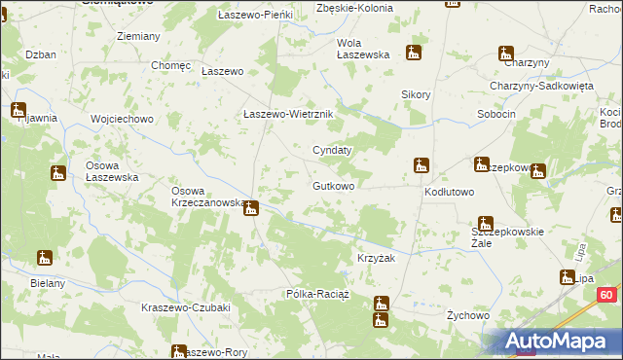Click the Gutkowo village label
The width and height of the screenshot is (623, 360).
tap(333, 185)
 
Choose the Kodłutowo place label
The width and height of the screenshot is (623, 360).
tap(449, 193)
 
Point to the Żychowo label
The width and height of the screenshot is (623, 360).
tap(466, 315)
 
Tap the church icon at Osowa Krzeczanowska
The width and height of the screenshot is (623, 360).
tap(250, 207)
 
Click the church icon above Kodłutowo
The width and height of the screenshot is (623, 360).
tap(421, 165)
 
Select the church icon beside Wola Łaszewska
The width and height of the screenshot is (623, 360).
tap(414, 54)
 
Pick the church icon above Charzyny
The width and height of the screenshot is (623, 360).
tap(506, 54)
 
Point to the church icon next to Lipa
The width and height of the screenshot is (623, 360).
tap(567, 278)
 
